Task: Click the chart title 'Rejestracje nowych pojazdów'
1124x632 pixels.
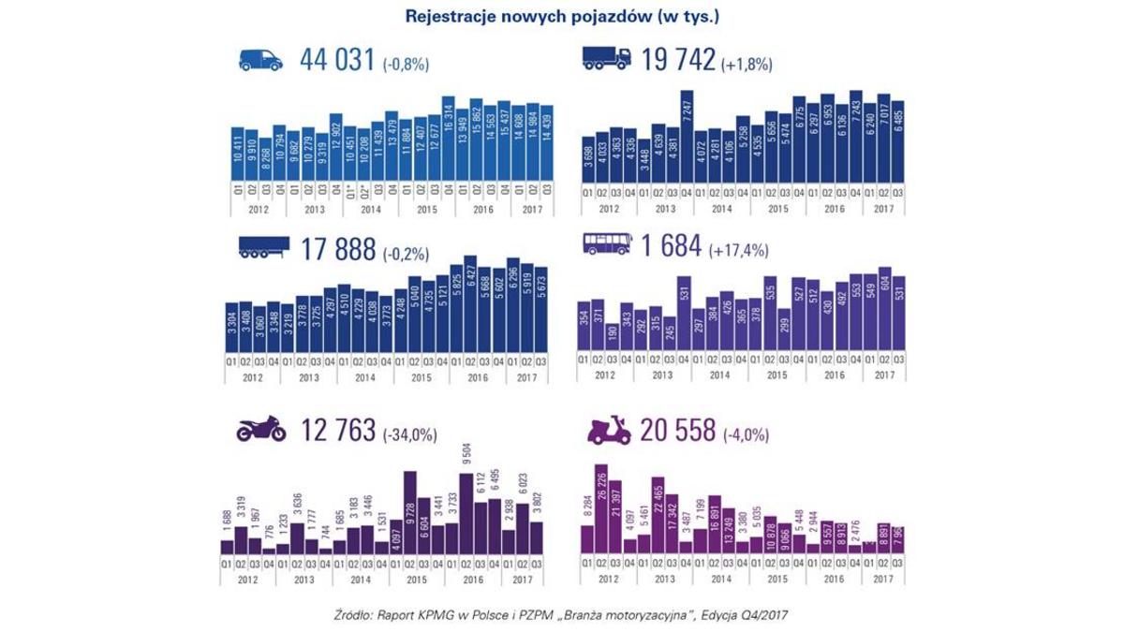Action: click(x=562, y=16)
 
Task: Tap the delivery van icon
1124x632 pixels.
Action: click(x=260, y=61)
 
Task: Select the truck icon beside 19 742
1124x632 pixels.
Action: click(x=606, y=60)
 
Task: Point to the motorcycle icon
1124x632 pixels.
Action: click(x=260, y=431)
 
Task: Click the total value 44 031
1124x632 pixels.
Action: click(x=337, y=61)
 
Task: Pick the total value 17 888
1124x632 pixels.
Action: click(x=337, y=248)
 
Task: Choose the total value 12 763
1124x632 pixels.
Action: click(x=337, y=431)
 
